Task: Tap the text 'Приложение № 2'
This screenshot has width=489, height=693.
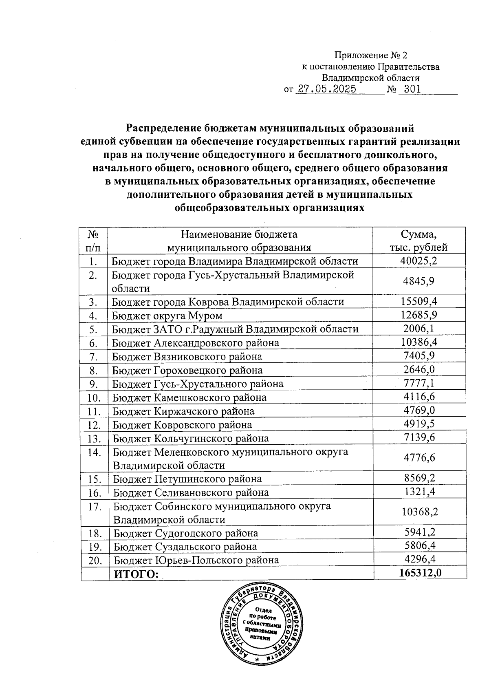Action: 370,55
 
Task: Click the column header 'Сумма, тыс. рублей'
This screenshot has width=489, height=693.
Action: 419,241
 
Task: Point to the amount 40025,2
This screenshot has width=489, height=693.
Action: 419,261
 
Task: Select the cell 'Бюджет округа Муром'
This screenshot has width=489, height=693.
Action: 167,316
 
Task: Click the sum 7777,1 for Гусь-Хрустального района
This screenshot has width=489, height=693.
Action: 419,383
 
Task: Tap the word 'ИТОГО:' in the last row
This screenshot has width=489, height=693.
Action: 136,574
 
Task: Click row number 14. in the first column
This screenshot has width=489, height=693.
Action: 94,452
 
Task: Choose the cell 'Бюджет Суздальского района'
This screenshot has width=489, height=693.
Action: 185,547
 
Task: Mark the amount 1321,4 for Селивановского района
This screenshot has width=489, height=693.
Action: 420,492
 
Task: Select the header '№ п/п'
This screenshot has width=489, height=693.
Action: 94,241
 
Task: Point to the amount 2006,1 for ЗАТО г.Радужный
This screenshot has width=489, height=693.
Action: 419,329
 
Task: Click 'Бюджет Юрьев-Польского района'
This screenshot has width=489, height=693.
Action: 196,560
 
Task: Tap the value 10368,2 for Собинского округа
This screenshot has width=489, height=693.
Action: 420,512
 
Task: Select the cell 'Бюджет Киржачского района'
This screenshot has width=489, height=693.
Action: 183,411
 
